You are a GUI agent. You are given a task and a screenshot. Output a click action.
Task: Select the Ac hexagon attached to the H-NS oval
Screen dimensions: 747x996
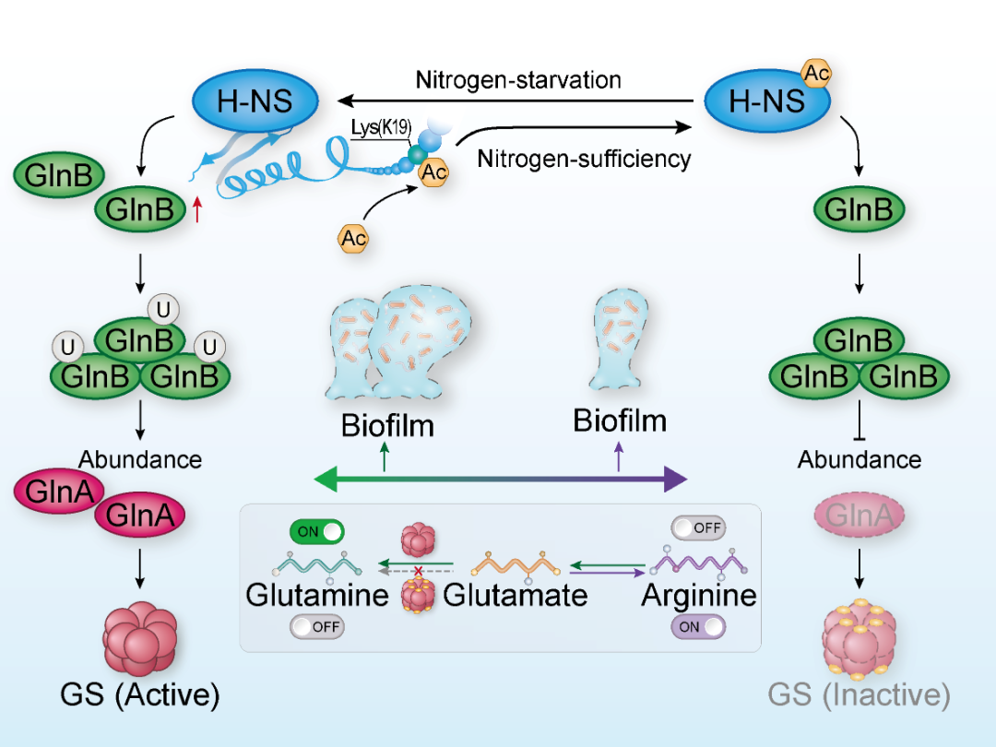point(815,73)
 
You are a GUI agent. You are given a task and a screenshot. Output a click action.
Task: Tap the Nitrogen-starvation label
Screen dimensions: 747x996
point(518,79)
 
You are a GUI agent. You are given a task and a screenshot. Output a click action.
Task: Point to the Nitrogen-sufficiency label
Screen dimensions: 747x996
point(584,159)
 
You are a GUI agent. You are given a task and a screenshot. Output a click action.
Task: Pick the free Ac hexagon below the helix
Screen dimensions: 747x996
point(353,239)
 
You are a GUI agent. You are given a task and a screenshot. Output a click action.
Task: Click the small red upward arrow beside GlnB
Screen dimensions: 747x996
point(196,211)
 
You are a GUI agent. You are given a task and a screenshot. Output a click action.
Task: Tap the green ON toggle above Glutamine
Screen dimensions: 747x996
point(317,532)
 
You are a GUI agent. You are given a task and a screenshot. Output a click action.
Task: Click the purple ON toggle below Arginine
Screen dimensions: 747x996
point(697,627)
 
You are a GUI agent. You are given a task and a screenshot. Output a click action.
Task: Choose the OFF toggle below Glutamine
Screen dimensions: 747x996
point(317,627)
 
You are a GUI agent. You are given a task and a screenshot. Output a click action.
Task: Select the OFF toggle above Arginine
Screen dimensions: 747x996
point(697,528)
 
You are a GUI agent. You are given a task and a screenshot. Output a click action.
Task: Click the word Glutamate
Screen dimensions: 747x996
point(516,595)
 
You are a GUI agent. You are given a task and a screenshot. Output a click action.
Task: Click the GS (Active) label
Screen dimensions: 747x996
point(140,694)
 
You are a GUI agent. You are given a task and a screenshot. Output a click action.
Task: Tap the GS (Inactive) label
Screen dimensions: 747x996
point(859,694)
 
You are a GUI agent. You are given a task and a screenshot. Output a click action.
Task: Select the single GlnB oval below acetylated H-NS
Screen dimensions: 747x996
point(860,210)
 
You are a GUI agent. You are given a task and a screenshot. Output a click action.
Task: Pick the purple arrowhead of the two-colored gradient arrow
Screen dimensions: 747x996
point(676,480)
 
